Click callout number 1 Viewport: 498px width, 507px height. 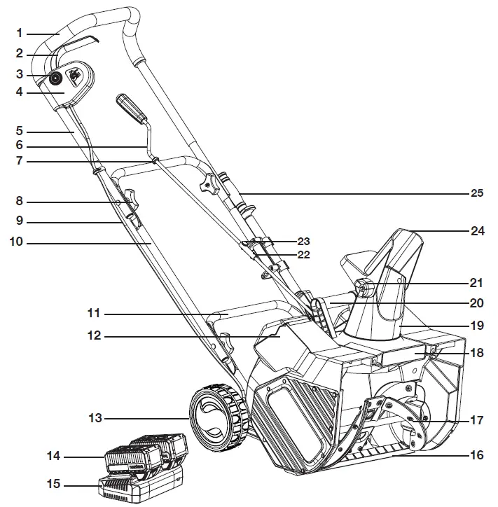click(20, 32)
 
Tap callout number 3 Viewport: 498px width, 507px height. click(20, 74)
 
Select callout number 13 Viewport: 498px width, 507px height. click(95, 418)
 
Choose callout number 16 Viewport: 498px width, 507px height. click(476, 455)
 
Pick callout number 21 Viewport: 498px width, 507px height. click(476, 283)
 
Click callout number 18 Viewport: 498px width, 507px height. click(476, 354)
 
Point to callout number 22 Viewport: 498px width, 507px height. click(303, 254)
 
